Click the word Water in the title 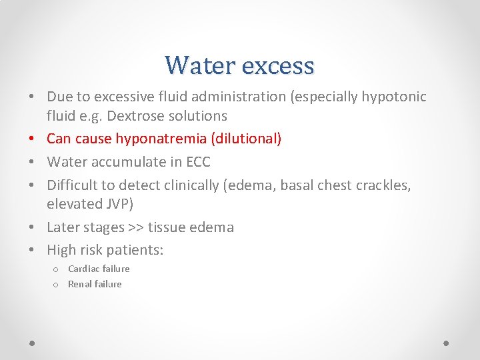pyautogui.click(x=199, y=65)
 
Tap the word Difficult pyautogui.click(x=71, y=185)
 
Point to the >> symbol pyautogui.click(x=136, y=227)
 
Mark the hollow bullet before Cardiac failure pyautogui.click(x=57, y=269)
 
